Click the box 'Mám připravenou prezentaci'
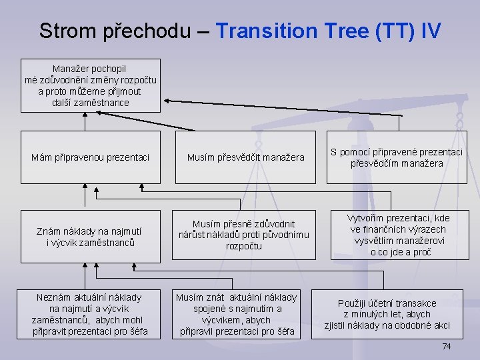[91, 157]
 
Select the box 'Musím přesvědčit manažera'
[245, 157]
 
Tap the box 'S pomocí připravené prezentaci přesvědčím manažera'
[397, 157]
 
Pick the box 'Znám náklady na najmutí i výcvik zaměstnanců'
[91, 237]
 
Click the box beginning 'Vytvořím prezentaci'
[399, 235]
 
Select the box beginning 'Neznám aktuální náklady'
[91, 314]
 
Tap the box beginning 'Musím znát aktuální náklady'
[245, 314]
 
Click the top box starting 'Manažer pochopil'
[91, 85]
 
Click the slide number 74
[447, 347]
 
